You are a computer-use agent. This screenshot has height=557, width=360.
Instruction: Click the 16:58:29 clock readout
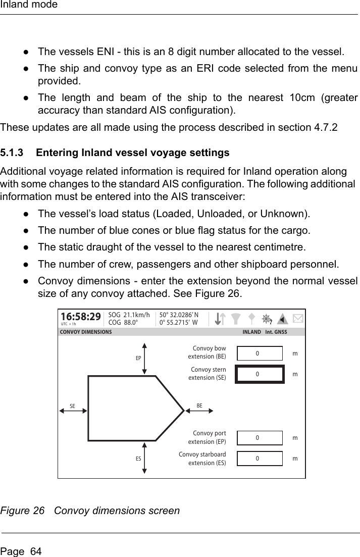pos(80,317)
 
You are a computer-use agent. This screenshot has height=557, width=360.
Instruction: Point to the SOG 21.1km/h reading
pos(129,314)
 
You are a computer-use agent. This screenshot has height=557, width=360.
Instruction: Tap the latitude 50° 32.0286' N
pos(179,314)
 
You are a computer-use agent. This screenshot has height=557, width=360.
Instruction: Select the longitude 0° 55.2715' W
pos(178,322)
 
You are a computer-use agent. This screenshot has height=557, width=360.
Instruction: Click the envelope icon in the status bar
pos(298,319)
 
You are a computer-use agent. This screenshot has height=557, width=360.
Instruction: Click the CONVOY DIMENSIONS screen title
pos(86,332)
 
